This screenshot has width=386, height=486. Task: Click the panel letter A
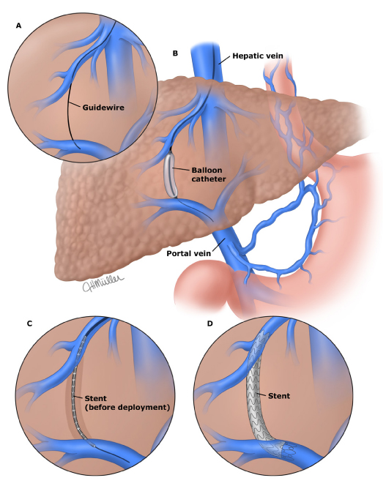(x=19, y=26)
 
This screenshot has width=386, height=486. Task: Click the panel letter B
(x=175, y=53)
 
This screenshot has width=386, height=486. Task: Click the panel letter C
(x=29, y=324)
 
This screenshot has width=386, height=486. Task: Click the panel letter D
(x=210, y=324)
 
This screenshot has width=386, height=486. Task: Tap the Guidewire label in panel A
(x=103, y=108)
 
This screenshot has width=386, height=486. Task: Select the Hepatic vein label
(x=258, y=56)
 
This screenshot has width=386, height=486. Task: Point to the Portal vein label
(x=189, y=253)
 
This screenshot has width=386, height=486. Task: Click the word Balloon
(x=207, y=170)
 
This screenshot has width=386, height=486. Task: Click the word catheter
(x=209, y=179)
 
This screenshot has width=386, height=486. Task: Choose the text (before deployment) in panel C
(x=127, y=407)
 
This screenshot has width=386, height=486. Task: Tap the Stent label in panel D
(x=279, y=396)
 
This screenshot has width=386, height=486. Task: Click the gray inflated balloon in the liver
(x=170, y=175)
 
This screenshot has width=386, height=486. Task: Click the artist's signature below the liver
(x=103, y=283)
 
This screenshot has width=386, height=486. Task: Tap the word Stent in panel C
(x=95, y=398)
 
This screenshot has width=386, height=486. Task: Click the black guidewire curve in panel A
(x=68, y=102)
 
